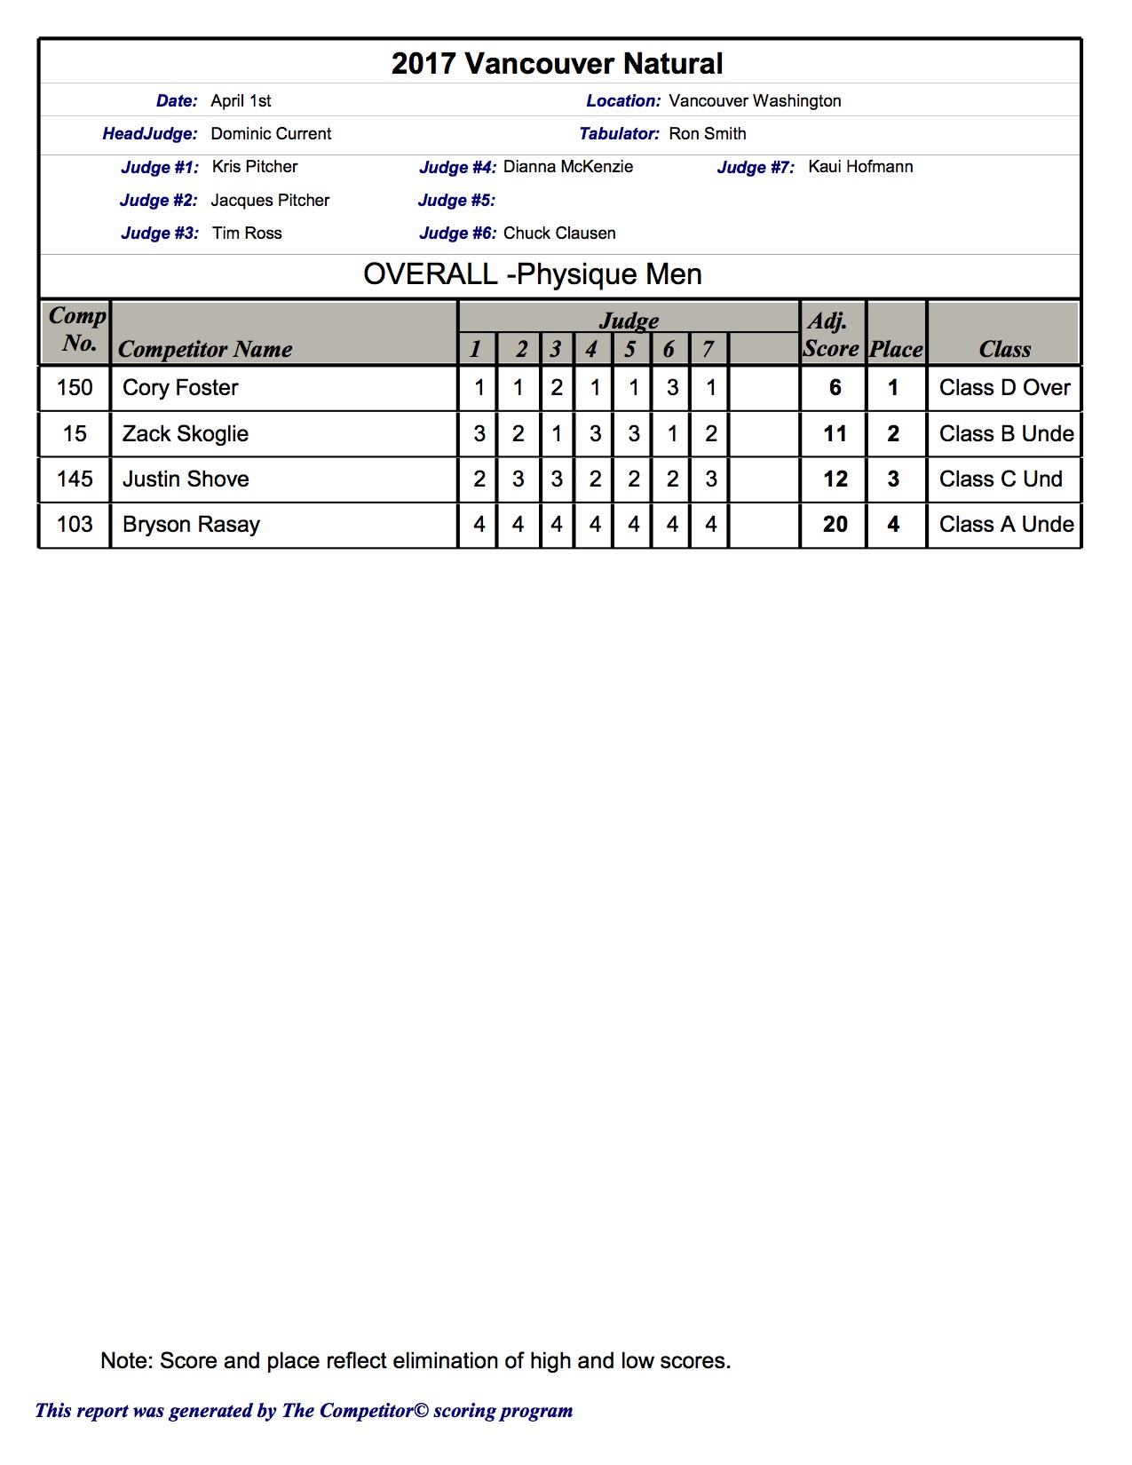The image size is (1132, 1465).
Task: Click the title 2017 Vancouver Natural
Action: [557, 64]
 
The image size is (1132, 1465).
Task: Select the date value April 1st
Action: [241, 101]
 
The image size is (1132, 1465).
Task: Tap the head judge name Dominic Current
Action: [271, 134]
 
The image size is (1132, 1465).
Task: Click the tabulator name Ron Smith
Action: [707, 134]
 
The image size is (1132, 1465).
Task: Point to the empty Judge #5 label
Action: [456, 201]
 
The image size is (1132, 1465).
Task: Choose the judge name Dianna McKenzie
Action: [567, 167]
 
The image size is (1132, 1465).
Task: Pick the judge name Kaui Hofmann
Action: [859, 167]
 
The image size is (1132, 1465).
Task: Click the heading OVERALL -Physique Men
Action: [533, 274]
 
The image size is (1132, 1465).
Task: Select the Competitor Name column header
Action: [205, 349]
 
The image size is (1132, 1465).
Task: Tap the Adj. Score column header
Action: [830, 335]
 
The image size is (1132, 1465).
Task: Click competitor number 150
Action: [75, 388]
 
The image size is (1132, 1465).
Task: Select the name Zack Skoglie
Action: [186, 434]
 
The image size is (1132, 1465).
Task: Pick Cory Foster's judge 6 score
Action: [672, 388]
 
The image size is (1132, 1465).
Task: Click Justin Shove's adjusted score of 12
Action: [835, 479]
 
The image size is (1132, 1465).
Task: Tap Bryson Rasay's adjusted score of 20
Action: [835, 525]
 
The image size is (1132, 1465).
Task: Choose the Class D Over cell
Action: [1004, 388]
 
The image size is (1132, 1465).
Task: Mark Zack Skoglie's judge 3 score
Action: [557, 434]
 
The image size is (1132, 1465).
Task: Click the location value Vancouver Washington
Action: [755, 101]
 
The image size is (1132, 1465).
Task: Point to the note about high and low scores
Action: [416, 1361]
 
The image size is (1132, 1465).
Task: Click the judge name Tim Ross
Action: [247, 234]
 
